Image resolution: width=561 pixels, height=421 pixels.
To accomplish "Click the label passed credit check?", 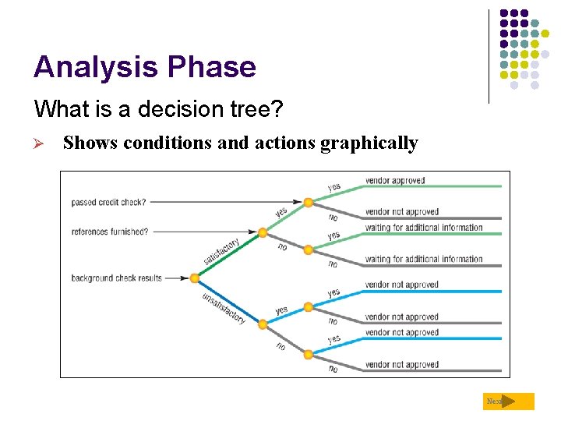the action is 108,202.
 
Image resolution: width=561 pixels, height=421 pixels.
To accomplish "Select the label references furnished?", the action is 110,232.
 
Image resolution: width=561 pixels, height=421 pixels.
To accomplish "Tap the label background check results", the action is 116,278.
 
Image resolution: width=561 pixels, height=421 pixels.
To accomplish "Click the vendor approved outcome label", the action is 395,181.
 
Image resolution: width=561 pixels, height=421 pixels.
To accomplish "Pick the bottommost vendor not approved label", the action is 401,364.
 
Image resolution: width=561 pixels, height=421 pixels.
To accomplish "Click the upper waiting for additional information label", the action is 424,228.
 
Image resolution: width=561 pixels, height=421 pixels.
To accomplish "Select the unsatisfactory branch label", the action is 224,307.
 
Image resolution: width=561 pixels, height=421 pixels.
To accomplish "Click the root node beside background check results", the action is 195,278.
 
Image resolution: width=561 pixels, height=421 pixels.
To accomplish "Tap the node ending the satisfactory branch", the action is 263,232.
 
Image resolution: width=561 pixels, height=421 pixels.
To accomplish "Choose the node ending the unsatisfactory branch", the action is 263,324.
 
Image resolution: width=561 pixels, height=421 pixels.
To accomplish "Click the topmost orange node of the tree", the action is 309,202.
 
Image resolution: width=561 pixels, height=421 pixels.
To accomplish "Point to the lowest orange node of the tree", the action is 309,354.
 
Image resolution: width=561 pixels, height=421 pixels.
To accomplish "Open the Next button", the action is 508,402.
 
